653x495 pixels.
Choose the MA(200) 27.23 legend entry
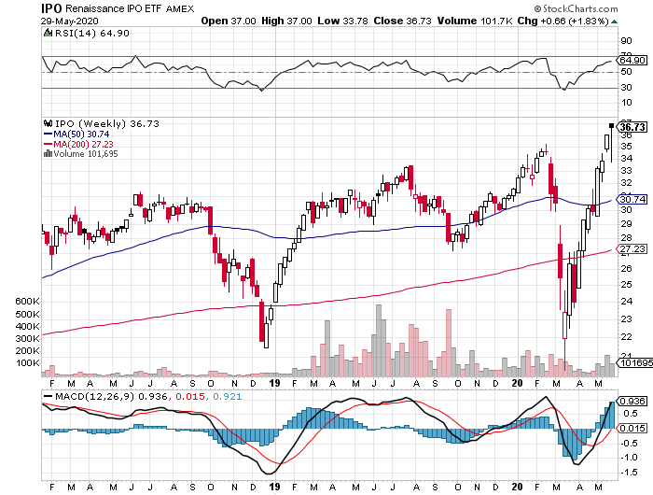coord(80,144)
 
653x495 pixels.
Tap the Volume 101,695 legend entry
coord(84,154)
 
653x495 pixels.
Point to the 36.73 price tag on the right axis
coord(633,126)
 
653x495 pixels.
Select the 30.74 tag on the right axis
coord(633,199)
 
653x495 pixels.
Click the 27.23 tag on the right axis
coord(633,249)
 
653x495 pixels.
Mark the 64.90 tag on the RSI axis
coord(633,61)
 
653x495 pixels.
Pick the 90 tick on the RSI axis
coord(628,41)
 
